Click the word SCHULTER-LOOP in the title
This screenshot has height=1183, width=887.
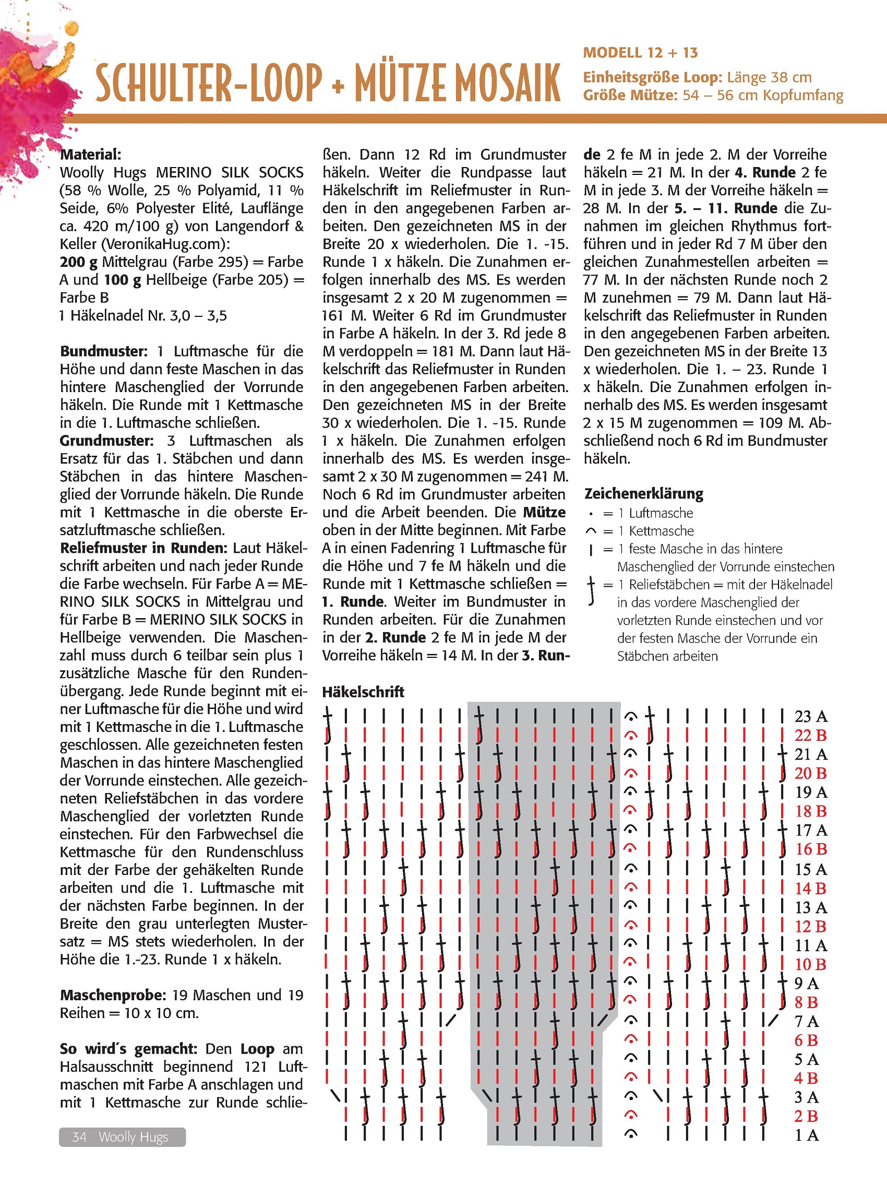click(209, 83)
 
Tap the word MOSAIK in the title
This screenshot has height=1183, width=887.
click(500, 83)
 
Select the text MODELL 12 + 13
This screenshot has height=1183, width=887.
click(640, 53)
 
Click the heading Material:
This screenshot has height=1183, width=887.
click(90, 155)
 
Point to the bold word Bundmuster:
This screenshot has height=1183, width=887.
click(103, 351)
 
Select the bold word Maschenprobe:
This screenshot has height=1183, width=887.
click(112, 995)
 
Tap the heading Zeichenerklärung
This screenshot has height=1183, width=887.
click(643, 494)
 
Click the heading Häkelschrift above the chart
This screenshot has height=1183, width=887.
click(363, 692)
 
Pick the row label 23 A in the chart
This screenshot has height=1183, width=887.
click(810, 716)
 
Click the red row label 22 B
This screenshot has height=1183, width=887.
click(810, 736)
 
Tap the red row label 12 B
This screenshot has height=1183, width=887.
click(810, 926)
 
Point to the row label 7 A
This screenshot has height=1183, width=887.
click(807, 1022)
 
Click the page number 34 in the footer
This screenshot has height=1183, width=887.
click(79, 1137)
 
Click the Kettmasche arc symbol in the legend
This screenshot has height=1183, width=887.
click(591, 531)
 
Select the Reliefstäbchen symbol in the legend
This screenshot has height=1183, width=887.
click(591, 591)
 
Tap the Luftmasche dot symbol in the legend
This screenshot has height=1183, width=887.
click(591, 514)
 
